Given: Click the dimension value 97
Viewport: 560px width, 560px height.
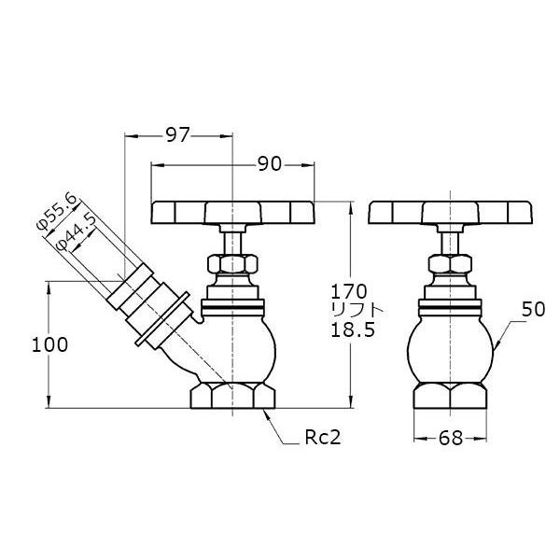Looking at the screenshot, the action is click(x=176, y=135).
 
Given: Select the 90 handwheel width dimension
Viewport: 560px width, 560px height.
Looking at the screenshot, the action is click(x=270, y=164).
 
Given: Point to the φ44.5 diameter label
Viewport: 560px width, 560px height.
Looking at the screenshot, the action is click(x=77, y=231).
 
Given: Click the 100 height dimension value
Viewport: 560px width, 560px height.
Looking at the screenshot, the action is click(x=49, y=345).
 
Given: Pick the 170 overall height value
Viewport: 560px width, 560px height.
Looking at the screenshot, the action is click(x=348, y=291).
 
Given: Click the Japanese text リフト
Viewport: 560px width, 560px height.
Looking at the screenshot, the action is click(x=357, y=310).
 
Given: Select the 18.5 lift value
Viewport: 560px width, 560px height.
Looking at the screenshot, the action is click(x=353, y=329).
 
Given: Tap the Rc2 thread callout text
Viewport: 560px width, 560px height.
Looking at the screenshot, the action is click(x=323, y=437).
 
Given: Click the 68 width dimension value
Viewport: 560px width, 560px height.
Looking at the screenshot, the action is click(x=451, y=438).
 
